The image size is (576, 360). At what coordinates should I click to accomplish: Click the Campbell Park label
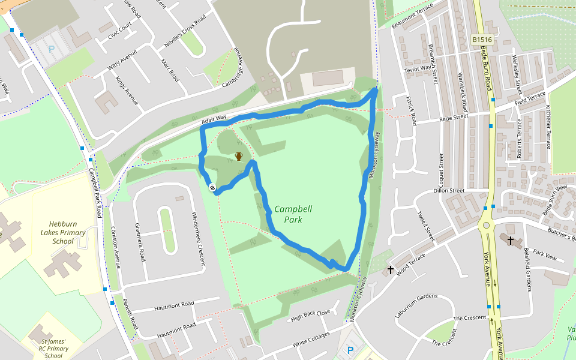tap(293, 214)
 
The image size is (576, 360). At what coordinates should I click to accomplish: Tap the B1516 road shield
tap(481, 39)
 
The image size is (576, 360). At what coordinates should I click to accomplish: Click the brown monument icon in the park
tap(239, 157)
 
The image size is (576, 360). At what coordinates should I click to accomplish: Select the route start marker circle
tap(212, 188)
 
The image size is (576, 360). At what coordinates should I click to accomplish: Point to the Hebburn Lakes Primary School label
tap(62, 232)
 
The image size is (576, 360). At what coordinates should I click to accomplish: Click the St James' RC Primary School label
tap(53, 348)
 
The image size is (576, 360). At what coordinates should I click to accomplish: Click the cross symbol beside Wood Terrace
tap(391, 270)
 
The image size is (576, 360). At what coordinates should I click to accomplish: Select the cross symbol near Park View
tap(511, 241)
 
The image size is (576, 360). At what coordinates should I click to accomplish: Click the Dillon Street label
tap(449, 191)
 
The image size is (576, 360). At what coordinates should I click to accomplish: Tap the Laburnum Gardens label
tap(416, 296)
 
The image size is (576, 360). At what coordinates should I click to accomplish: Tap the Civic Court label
tap(119, 32)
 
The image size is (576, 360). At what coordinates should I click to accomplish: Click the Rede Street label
tap(454, 118)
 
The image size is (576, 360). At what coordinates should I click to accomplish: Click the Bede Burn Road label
tap(488, 75)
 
